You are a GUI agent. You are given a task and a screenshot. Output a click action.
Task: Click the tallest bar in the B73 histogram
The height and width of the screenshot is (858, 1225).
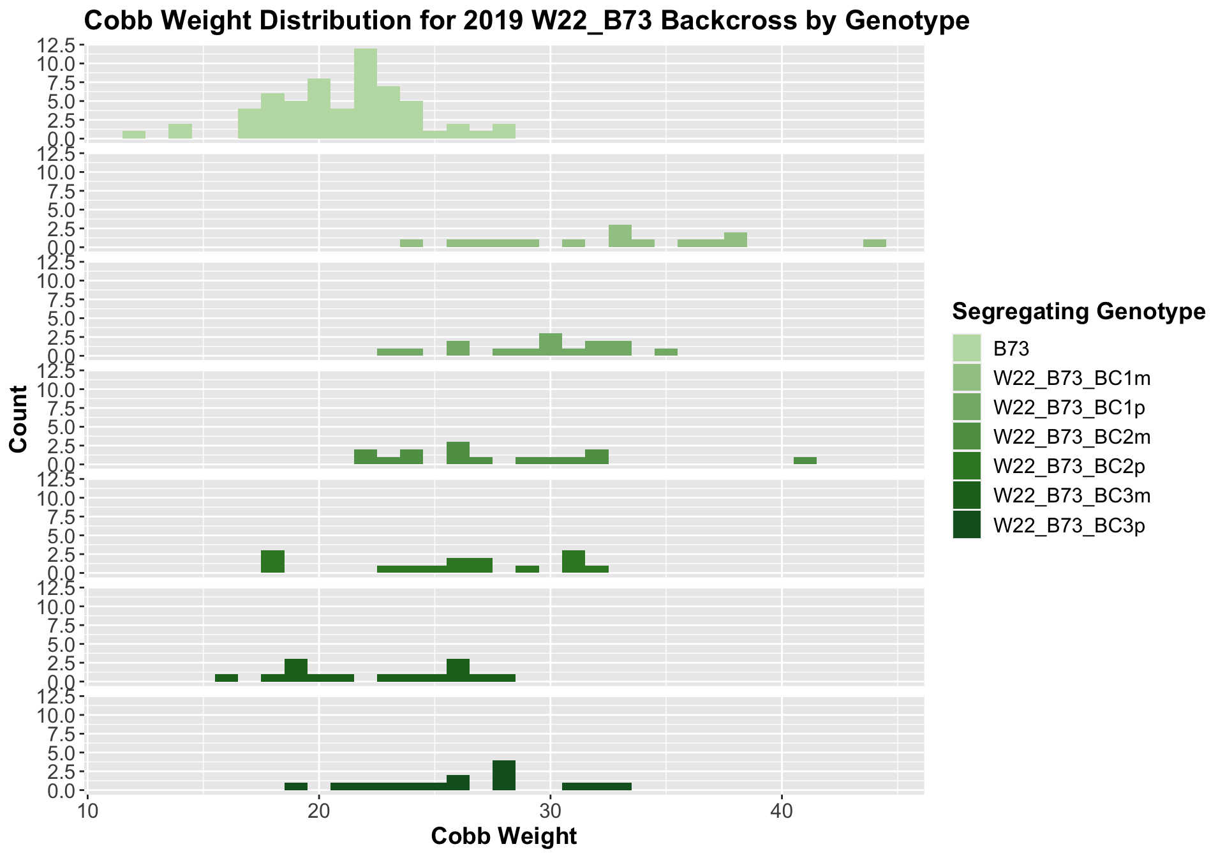pyautogui.click(x=366, y=94)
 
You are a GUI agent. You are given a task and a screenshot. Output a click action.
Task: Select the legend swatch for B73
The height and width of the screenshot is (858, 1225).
pyautogui.click(x=967, y=348)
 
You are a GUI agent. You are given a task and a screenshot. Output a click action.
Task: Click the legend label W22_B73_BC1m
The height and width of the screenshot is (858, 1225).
pyautogui.click(x=1072, y=378)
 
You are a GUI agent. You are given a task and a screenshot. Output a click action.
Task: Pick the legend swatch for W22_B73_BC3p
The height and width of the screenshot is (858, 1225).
pyautogui.click(x=967, y=525)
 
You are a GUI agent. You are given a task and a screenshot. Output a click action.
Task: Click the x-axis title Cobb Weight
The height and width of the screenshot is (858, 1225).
pyautogui.click(x=504, y=836)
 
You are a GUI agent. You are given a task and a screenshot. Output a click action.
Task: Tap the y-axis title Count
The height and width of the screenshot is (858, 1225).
pyautogui.click(x=19, y=419)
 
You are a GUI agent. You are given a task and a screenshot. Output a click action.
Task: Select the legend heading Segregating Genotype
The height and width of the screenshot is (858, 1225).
pyautogui.click(x=1078, y=312)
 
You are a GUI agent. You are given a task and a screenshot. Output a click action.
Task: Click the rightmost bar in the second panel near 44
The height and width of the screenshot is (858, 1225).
pyautogui.click(x=874, y=243)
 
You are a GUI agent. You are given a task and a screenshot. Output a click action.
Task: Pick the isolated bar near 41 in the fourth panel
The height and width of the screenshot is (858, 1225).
pyautogui.click(x=805, y=460)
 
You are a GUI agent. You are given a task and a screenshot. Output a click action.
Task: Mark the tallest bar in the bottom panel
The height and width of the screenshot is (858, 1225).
pyautogui.click(x=504, y=775)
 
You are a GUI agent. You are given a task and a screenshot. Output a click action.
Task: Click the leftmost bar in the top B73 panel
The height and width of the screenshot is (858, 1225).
pyautogui.click(x=134, y=135)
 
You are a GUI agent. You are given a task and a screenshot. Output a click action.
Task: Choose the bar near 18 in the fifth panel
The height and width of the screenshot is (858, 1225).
pyautogui.click(x=272, y=561)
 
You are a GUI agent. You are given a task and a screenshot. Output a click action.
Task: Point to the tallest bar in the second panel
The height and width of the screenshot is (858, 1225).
pyautogui.click(x=620, y=236)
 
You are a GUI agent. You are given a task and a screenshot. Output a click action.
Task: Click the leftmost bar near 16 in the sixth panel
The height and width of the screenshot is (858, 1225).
pyautogui.click(x=226, y=677)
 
